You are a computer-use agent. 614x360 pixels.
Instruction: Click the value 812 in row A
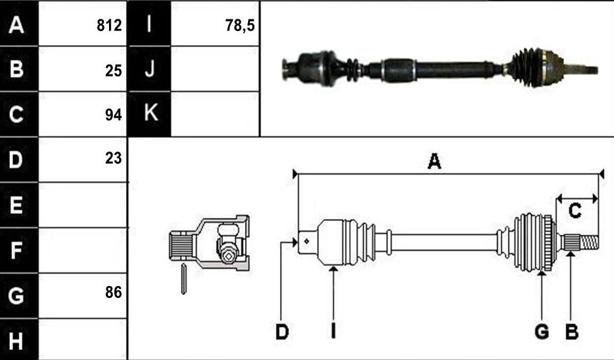pos(109,26)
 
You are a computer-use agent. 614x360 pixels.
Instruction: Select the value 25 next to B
pos(113,71)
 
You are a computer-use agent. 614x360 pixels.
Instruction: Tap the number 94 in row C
pos(113,115)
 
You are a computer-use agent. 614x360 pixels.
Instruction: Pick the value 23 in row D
pos(113,158)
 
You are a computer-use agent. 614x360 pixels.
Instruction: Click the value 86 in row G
pos(113,292)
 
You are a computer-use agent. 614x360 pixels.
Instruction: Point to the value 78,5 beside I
pos(240,26)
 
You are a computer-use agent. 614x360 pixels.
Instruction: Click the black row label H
pos(16,341)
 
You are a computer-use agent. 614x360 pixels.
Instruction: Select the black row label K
pos(150,113)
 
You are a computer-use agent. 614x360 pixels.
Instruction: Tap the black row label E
pos(16,205)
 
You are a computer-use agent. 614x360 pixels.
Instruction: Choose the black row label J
pos(150,69)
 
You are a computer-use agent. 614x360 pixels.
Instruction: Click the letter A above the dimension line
pos(434,162)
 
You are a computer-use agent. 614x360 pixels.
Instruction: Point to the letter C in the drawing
pos(575,212)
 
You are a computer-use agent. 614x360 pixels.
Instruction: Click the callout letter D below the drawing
pos(283,332)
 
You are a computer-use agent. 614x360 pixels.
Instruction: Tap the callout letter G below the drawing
pos(541,332)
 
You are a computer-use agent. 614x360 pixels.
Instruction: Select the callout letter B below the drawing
pos(571,332)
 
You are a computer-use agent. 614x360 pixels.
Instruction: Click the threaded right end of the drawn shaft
pos(589,243)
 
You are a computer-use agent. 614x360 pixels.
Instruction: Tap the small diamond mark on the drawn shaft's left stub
pos(306,242)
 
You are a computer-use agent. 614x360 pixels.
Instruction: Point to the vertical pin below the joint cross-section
pos(183,279)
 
